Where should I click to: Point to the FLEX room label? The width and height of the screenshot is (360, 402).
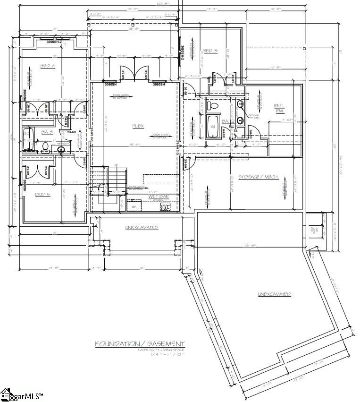138,126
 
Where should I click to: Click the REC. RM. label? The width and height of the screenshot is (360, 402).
279,108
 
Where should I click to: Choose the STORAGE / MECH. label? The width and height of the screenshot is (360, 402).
258,177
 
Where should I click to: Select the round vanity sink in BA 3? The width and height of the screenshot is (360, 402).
61,150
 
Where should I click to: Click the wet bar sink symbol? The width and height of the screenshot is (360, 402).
165,206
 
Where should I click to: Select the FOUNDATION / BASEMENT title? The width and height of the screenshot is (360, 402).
140,343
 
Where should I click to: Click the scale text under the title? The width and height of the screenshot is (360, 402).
139,354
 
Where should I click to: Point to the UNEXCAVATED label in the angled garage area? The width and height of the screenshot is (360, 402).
274,294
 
